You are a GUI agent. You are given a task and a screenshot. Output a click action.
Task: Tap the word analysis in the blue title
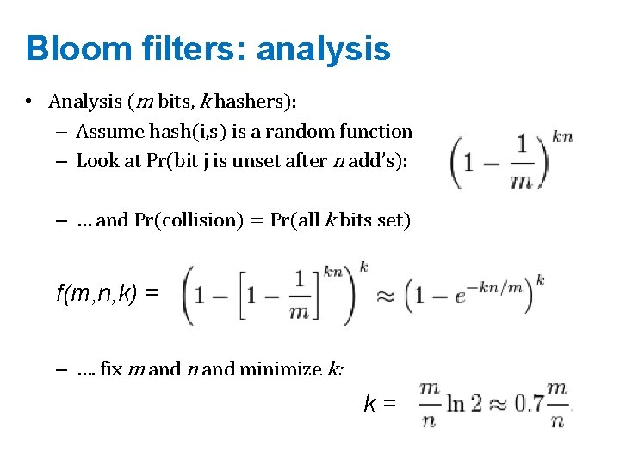coord(324,49)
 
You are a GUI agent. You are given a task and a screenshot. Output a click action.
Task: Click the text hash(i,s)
coord(183,132)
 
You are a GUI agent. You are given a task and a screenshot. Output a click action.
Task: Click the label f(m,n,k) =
coord(107,294)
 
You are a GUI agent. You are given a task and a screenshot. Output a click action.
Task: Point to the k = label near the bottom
coord(380,403)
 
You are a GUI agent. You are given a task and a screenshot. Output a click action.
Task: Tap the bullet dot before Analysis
coord(29,102)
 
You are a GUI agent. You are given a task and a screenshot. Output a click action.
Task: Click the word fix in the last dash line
coord(112,369)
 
